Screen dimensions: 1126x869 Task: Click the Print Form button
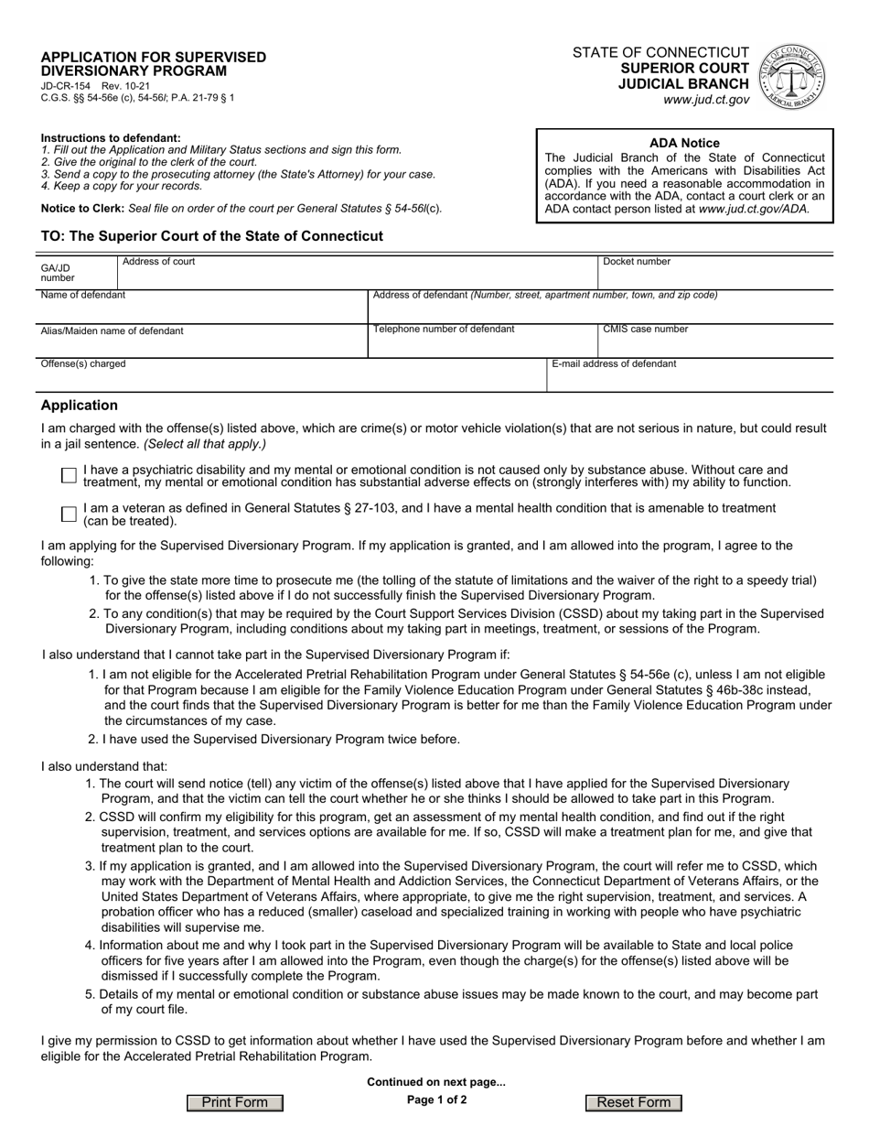(x=235, y=1102)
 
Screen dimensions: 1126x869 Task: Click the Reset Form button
(x=634, y=1102)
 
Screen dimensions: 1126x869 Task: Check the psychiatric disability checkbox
(x=68, y=475)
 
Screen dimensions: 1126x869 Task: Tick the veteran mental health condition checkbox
(x=68, y=514)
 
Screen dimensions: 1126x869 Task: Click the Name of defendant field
(x=203, y=309)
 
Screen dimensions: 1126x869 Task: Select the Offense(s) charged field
(x=293, y=377)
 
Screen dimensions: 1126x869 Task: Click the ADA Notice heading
(x=684, y=143)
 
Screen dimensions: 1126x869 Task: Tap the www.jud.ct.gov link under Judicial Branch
(x=706, y=99)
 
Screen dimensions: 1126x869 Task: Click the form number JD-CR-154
(x=60, y=85)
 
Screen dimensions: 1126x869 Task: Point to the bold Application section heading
(x=80, y=406)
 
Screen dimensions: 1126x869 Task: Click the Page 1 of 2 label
(x=436, y=1099)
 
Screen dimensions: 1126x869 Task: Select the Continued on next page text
(x=435, y=1081)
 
